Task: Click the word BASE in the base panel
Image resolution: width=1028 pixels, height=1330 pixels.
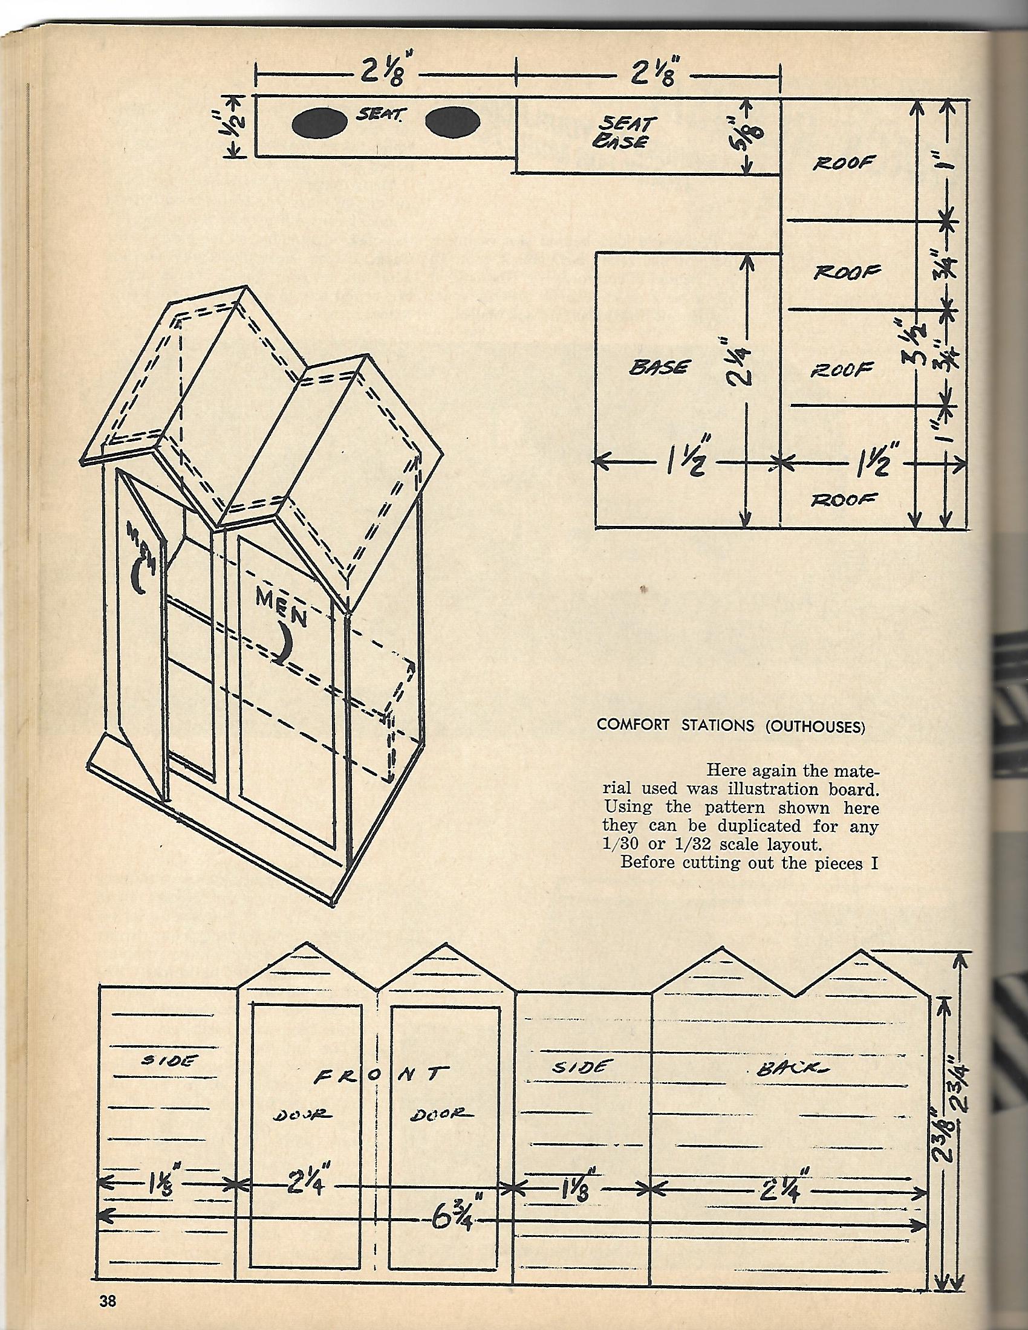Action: point(660,368)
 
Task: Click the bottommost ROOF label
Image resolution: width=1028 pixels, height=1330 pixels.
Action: point(844,499)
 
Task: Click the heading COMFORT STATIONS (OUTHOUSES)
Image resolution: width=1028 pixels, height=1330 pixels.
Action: point(731,725)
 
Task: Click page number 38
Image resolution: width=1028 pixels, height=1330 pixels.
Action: point(108,1297)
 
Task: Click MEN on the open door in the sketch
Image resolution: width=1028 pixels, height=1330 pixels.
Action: point(141,544)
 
